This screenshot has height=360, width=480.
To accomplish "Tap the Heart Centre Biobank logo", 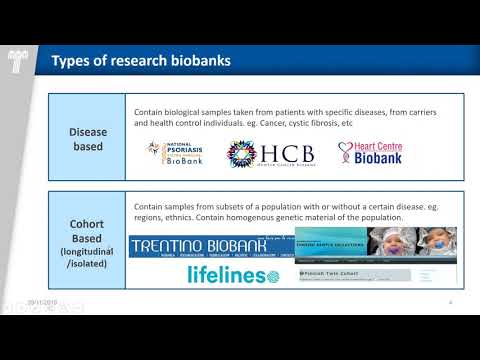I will tap(373, 152).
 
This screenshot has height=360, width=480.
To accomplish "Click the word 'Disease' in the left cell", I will tap(87, 130).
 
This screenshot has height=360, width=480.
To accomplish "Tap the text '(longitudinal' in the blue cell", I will tap(87, 250).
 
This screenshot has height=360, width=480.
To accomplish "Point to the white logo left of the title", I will tap(17, 61).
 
